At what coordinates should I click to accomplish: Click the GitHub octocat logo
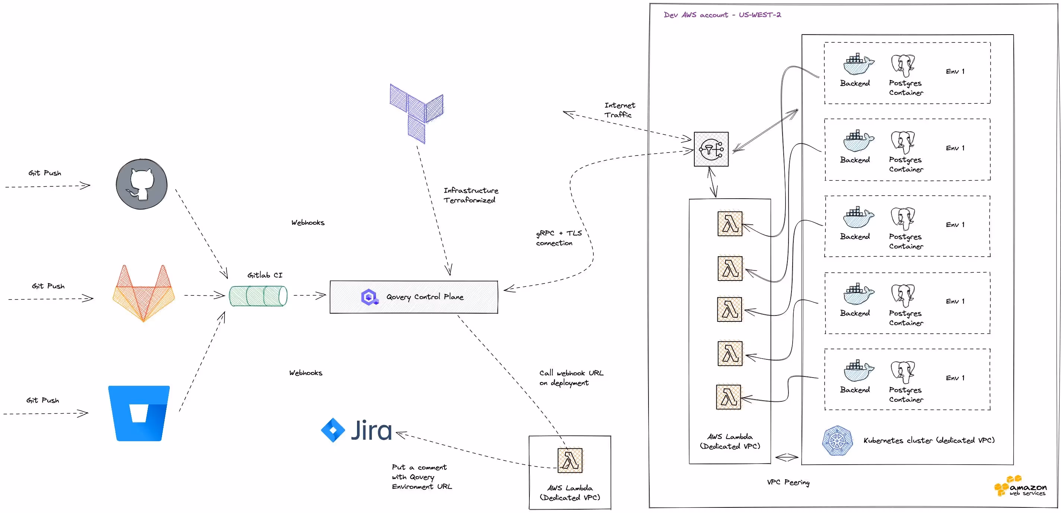[x=142, y=184]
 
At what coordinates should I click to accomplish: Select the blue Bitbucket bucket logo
[x=139, y=413]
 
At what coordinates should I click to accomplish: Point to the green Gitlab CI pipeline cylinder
[x=258, y=296]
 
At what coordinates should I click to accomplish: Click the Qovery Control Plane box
[x=414, y=297]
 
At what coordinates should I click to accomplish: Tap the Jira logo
[x=357, y=430]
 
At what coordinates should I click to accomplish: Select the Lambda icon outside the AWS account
[x=570, y=460]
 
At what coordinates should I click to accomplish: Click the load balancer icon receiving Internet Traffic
[x=711, y=149]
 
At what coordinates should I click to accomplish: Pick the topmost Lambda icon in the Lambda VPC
[x=729, y=224]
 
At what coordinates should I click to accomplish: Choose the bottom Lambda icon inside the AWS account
[x=728, y=397]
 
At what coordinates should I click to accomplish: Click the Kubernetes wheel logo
[x=837, y=441]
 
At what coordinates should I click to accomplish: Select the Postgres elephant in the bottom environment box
[x=903, y=372]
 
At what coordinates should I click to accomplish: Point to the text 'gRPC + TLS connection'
[x=558, y=238]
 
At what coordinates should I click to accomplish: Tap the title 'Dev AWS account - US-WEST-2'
[x=722, y=15]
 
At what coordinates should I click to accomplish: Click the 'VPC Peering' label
[x=788, y=482]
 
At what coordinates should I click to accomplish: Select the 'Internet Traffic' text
[x=619, y=110]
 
